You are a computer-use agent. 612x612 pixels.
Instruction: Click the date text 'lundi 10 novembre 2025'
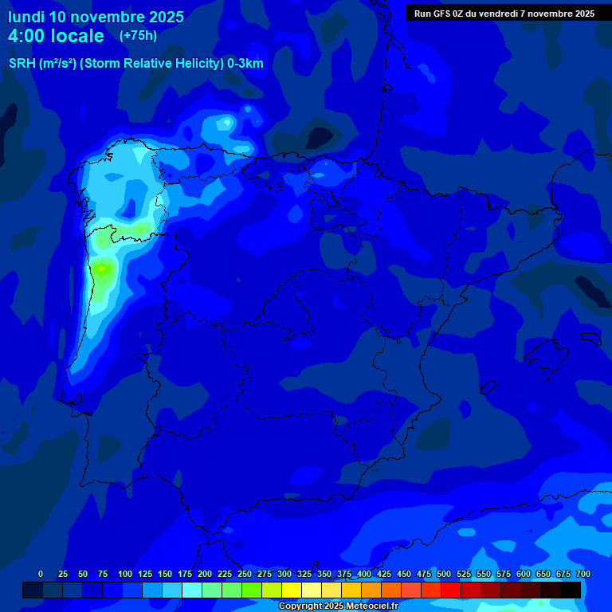pyautogui.click(x=96, y=17)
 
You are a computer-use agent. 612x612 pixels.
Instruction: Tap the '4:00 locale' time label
pyautogui.click(x=56, y=36)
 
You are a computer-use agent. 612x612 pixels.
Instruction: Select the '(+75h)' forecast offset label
pyautogui.click(x=138, y=35)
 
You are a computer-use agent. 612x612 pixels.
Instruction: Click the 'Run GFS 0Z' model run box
pyautogui.click(x=504, y=14)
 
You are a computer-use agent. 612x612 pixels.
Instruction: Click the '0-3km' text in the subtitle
pyautogui.click(x=245, y=64)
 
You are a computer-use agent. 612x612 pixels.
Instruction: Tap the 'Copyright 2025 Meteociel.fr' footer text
pyautogui.click(x=338, y=606)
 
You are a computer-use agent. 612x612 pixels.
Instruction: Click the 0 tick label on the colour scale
pyautogui.click(x=41, y=574)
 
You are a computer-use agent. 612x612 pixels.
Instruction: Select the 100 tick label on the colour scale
pyautogui.click(x=124, y=574)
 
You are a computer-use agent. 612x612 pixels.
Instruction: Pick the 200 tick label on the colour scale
pyautogui.click(x=204, y=574)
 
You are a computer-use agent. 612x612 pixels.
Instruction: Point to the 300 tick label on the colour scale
pyautogui.click(x=284, y=574)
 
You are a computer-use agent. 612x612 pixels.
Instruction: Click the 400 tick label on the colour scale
pyautogui.click(x=363, y=574)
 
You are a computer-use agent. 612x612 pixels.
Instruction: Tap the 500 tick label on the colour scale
pyautogui.click(x=443, y=574)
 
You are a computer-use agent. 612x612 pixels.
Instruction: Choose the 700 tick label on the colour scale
pyautogui.click(x=583, y=574)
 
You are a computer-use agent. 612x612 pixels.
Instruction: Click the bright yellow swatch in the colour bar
pyautogui.click(x=292, y=590)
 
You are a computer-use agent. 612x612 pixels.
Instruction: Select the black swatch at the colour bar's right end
pyautogui.click(x=571, y=590)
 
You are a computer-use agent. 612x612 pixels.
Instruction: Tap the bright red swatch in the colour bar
pyautogui.click(x=451, y=590)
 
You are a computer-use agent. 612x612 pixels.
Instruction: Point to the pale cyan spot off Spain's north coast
pyautogui.click(x=227, y=123)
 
